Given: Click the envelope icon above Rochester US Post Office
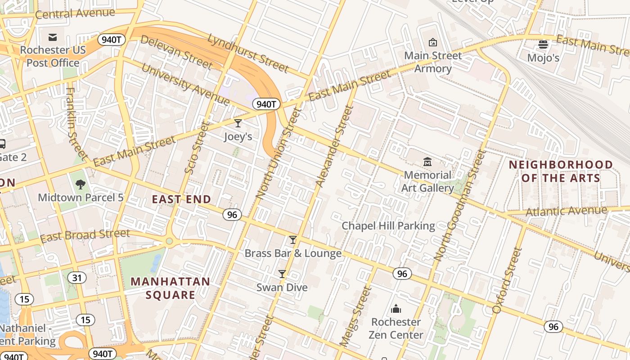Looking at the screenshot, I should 53,37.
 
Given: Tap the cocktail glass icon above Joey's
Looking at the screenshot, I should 238,123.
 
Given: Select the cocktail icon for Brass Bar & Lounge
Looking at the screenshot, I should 293,240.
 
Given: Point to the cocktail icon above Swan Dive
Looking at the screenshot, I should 282,274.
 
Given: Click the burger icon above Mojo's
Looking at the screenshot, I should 543,45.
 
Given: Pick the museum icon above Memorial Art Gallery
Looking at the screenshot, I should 427,162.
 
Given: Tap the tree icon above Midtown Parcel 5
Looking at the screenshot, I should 81,184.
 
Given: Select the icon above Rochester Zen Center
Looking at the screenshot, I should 396,309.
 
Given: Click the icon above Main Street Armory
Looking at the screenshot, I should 433,42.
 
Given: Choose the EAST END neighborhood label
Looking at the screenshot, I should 181,199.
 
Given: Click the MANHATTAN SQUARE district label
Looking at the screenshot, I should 170,288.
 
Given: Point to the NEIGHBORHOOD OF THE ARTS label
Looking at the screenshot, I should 561,171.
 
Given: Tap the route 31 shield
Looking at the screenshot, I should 77,278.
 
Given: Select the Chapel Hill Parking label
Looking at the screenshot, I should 388,226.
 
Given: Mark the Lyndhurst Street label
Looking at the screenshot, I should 247,53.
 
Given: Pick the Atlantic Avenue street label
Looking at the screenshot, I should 566,211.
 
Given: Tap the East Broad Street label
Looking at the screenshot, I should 85,235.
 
